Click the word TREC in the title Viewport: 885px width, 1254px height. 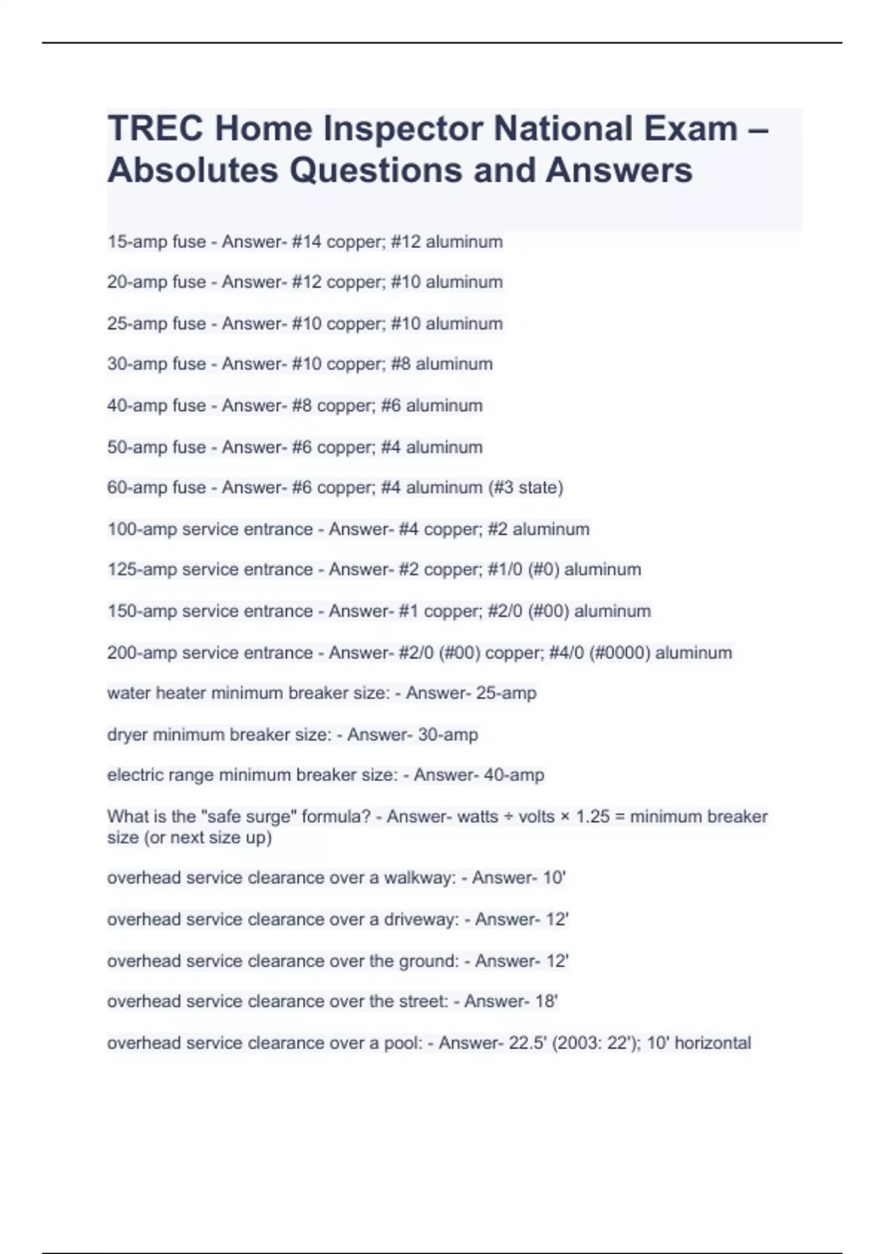pyautogui.click(x=155, y=129)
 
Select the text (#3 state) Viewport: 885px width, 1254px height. pyautogui.click(x=525, y=488)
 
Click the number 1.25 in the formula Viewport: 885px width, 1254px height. pyautogui.click(x=592, y=817)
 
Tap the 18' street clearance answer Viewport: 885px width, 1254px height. pyautogui.click(x=546, y=1002)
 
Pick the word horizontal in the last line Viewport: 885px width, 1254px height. pyautogui.click(x=712, y=1043)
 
